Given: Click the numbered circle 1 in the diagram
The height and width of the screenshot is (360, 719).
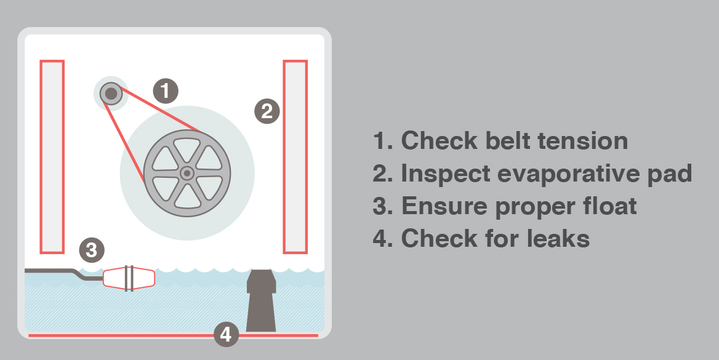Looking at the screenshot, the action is pyautogui.click(x=166, y=90).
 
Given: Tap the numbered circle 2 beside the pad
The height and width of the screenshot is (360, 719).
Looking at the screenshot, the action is pyautogui.click(x=267, y=111).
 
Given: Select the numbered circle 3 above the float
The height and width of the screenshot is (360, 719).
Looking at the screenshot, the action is pyautogui.click(x=92, y=250).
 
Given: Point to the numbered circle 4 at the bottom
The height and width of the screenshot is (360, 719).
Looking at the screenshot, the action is pyautogui.click(x=226, y=334).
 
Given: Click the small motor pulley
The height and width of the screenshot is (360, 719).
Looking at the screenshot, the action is pyautogui.click(x=111, y=94).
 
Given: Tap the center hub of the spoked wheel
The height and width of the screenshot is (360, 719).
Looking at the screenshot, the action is pyautogui.click(x=187, y=173).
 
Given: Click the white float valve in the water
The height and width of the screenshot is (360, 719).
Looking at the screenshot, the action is pyautogui.click(x=129, y=278).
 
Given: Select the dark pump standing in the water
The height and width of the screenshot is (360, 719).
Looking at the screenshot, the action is pyautogui.click(x=262, y=300).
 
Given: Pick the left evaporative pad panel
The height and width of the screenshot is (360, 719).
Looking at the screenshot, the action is pyautogui.click(x=52, y=156).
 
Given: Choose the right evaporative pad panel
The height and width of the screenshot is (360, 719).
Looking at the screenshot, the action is pyautogui.click(x=295, y=156).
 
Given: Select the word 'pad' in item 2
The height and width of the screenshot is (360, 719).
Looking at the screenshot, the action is pyautogui.click(x=670, y=174).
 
